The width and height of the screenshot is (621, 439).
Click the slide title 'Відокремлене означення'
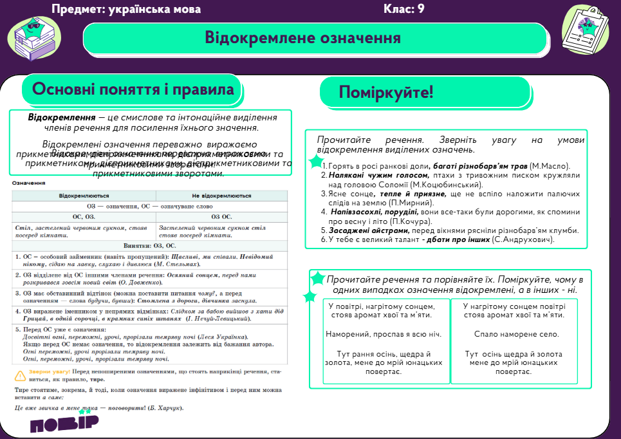[302, 38]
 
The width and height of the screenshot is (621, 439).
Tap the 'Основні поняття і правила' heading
[133, 89]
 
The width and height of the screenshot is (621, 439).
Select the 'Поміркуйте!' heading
[386, 92]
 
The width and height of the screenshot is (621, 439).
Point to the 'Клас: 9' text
[403, 9]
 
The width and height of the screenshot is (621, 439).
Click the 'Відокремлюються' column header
[84, 195]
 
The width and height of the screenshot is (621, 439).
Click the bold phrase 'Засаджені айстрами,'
[367, 230]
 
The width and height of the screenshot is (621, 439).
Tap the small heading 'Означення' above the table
[28, 183]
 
